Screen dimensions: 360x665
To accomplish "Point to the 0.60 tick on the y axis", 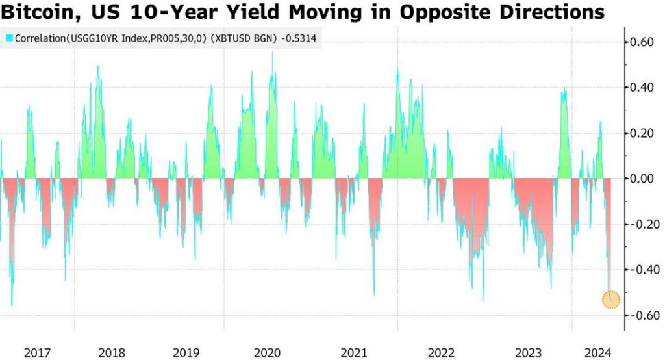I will pos(642,42).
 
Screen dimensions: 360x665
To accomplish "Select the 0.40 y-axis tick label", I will pos(642,88).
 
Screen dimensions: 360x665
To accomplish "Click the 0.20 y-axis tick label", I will pos(642,133).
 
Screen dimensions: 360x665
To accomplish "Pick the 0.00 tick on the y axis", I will pos(642,179).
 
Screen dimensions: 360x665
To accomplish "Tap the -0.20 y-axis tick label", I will pos(641,224).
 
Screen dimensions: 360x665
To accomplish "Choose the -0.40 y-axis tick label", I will pos(641,270).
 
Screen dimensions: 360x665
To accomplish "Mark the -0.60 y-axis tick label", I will pos(641,315).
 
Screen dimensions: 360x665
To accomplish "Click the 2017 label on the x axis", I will pos(38,353).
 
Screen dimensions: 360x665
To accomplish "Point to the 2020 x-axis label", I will pos(267,353).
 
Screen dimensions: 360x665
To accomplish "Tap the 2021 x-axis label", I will pos(354,353).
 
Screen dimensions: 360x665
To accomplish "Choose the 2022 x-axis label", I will pos(442,353).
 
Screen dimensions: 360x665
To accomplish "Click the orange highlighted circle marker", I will pos(611,300).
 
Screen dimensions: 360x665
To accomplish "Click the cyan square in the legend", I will pos(9,39).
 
